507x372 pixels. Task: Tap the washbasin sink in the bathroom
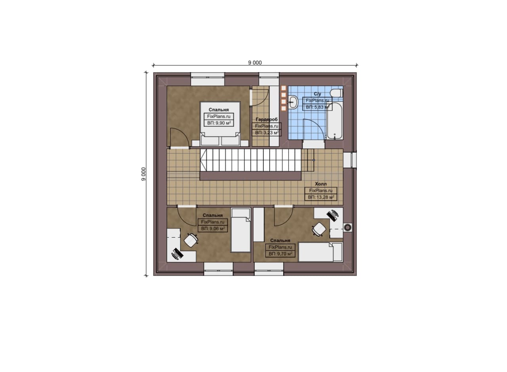293,102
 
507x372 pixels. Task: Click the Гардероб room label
267,119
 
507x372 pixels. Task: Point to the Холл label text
321,184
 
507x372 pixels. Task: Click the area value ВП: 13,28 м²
321,197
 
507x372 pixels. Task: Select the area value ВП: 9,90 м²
219,123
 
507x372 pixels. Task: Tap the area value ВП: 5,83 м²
317,107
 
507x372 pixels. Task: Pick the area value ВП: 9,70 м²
280,254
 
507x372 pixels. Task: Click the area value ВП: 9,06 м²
213,229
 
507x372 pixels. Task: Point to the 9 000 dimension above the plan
255,63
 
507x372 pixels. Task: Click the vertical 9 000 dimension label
143,174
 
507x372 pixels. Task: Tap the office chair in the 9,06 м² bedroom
191,240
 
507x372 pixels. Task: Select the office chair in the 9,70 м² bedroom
319,229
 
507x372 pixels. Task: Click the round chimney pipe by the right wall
347,227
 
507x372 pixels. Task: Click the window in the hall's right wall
350,160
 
